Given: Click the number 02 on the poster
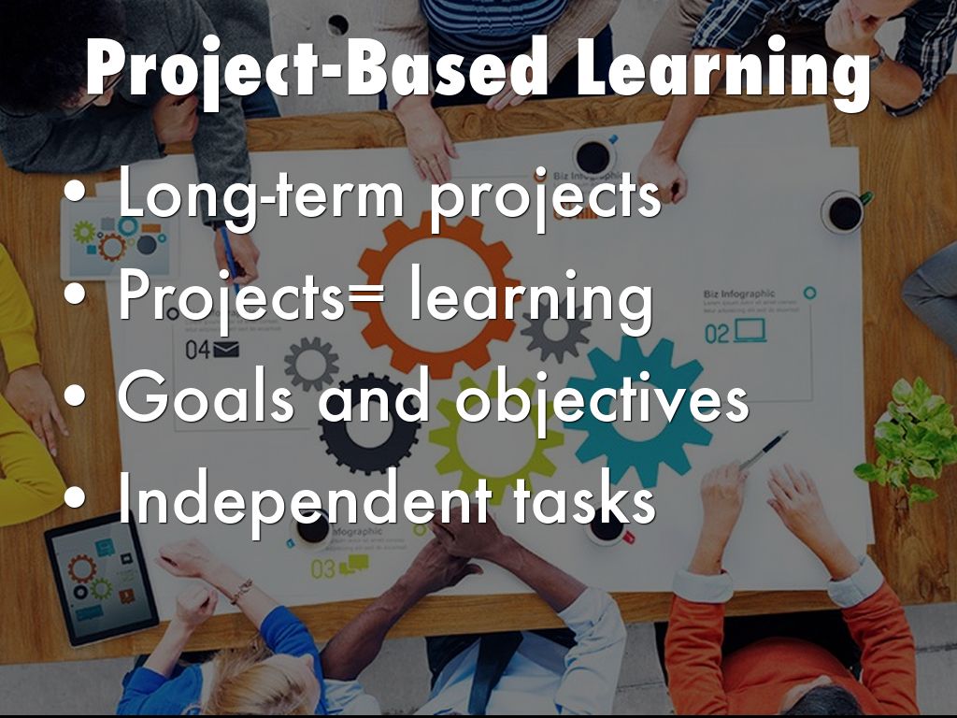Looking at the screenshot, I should click(717, 333).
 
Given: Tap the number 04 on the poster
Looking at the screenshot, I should click(198, 351).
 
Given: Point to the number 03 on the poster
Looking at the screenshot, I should click(323, 568).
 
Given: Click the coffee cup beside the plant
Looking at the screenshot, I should click(844, 211).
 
